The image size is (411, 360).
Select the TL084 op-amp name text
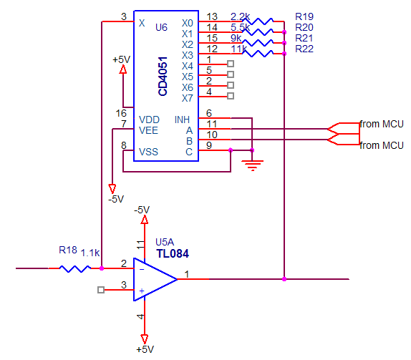(172, 253)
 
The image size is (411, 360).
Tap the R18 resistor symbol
(75, 268)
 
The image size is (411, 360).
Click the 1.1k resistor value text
(90, 253)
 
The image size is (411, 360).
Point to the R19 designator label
(304, 16)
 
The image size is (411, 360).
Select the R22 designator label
(304, 49)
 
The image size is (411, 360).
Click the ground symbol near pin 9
(252, 165)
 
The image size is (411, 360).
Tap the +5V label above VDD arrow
(122, 59)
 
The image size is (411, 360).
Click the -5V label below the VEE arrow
(115, 198)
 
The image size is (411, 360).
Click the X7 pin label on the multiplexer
(188, 97)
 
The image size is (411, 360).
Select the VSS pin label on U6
(148, 152)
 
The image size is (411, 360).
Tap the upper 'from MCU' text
(381, 123)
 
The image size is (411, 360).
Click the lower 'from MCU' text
(381, 145)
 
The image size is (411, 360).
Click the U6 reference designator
(161, 26)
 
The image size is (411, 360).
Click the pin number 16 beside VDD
(121, 113)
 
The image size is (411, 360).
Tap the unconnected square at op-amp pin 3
(101, 290)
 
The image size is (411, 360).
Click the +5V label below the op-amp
(144, 349)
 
